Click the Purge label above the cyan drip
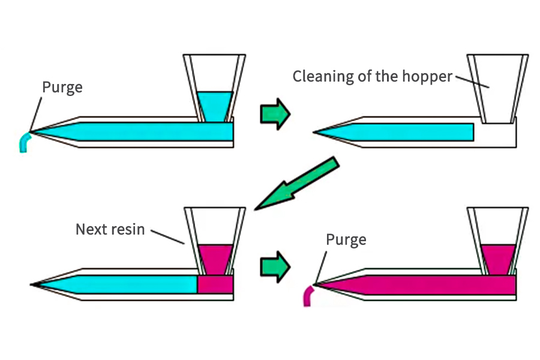pos(62,88)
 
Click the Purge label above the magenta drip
pos(346,240)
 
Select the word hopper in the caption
pos(429,76)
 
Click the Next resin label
pos(110,229)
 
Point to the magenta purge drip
pos(308,296)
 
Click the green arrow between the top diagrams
pos(275,113)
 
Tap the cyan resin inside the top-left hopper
pos(214,106)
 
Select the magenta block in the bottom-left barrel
pos(215,284)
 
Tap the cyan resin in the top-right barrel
pos(408,131)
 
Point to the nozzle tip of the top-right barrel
pos(316,131)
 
